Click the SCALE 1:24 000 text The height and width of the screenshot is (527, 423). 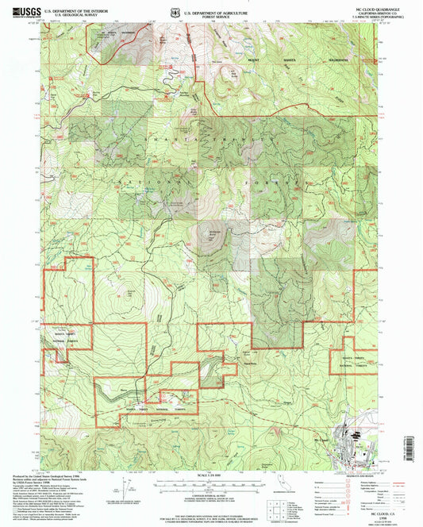[x=210, y=475]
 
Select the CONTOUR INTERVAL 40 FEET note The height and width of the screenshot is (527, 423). [x=210, y=498]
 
